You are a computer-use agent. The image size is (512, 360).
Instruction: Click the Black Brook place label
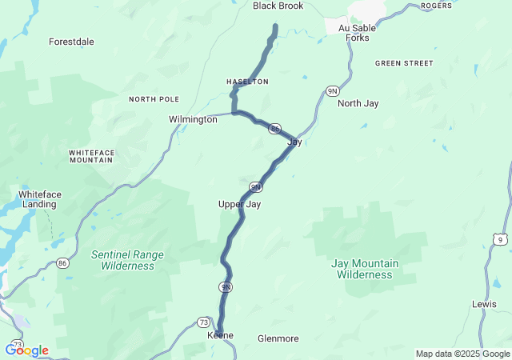(x=279, y=6)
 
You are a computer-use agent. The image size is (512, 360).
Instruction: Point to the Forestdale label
(x=71, y=42)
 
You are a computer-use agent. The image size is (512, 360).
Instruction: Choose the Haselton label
(x=247, y=82)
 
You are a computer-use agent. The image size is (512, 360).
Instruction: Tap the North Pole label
(x=154, y=99)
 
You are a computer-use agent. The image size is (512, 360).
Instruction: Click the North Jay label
(x=358, y=103)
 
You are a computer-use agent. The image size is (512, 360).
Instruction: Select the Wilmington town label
(x=193, y=119)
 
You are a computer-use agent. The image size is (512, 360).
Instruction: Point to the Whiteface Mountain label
(x=90, y=155)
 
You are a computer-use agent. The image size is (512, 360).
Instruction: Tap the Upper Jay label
(x=240, y=205)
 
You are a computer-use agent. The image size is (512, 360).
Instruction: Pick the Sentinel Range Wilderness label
(x=127, y=260)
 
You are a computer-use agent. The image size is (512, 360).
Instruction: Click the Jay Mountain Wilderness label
(x=364, y=269)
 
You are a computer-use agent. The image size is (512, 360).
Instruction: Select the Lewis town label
(x=484, y=305)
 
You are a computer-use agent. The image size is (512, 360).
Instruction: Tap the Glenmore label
(x=278, y=338)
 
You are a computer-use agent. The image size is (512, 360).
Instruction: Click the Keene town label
(x=220, y=335)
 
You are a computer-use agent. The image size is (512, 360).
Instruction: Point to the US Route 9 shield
(x=500, y=238)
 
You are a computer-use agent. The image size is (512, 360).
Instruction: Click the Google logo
(x=26, y=350)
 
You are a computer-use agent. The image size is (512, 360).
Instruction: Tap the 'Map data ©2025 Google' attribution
(x=462, y=354)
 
